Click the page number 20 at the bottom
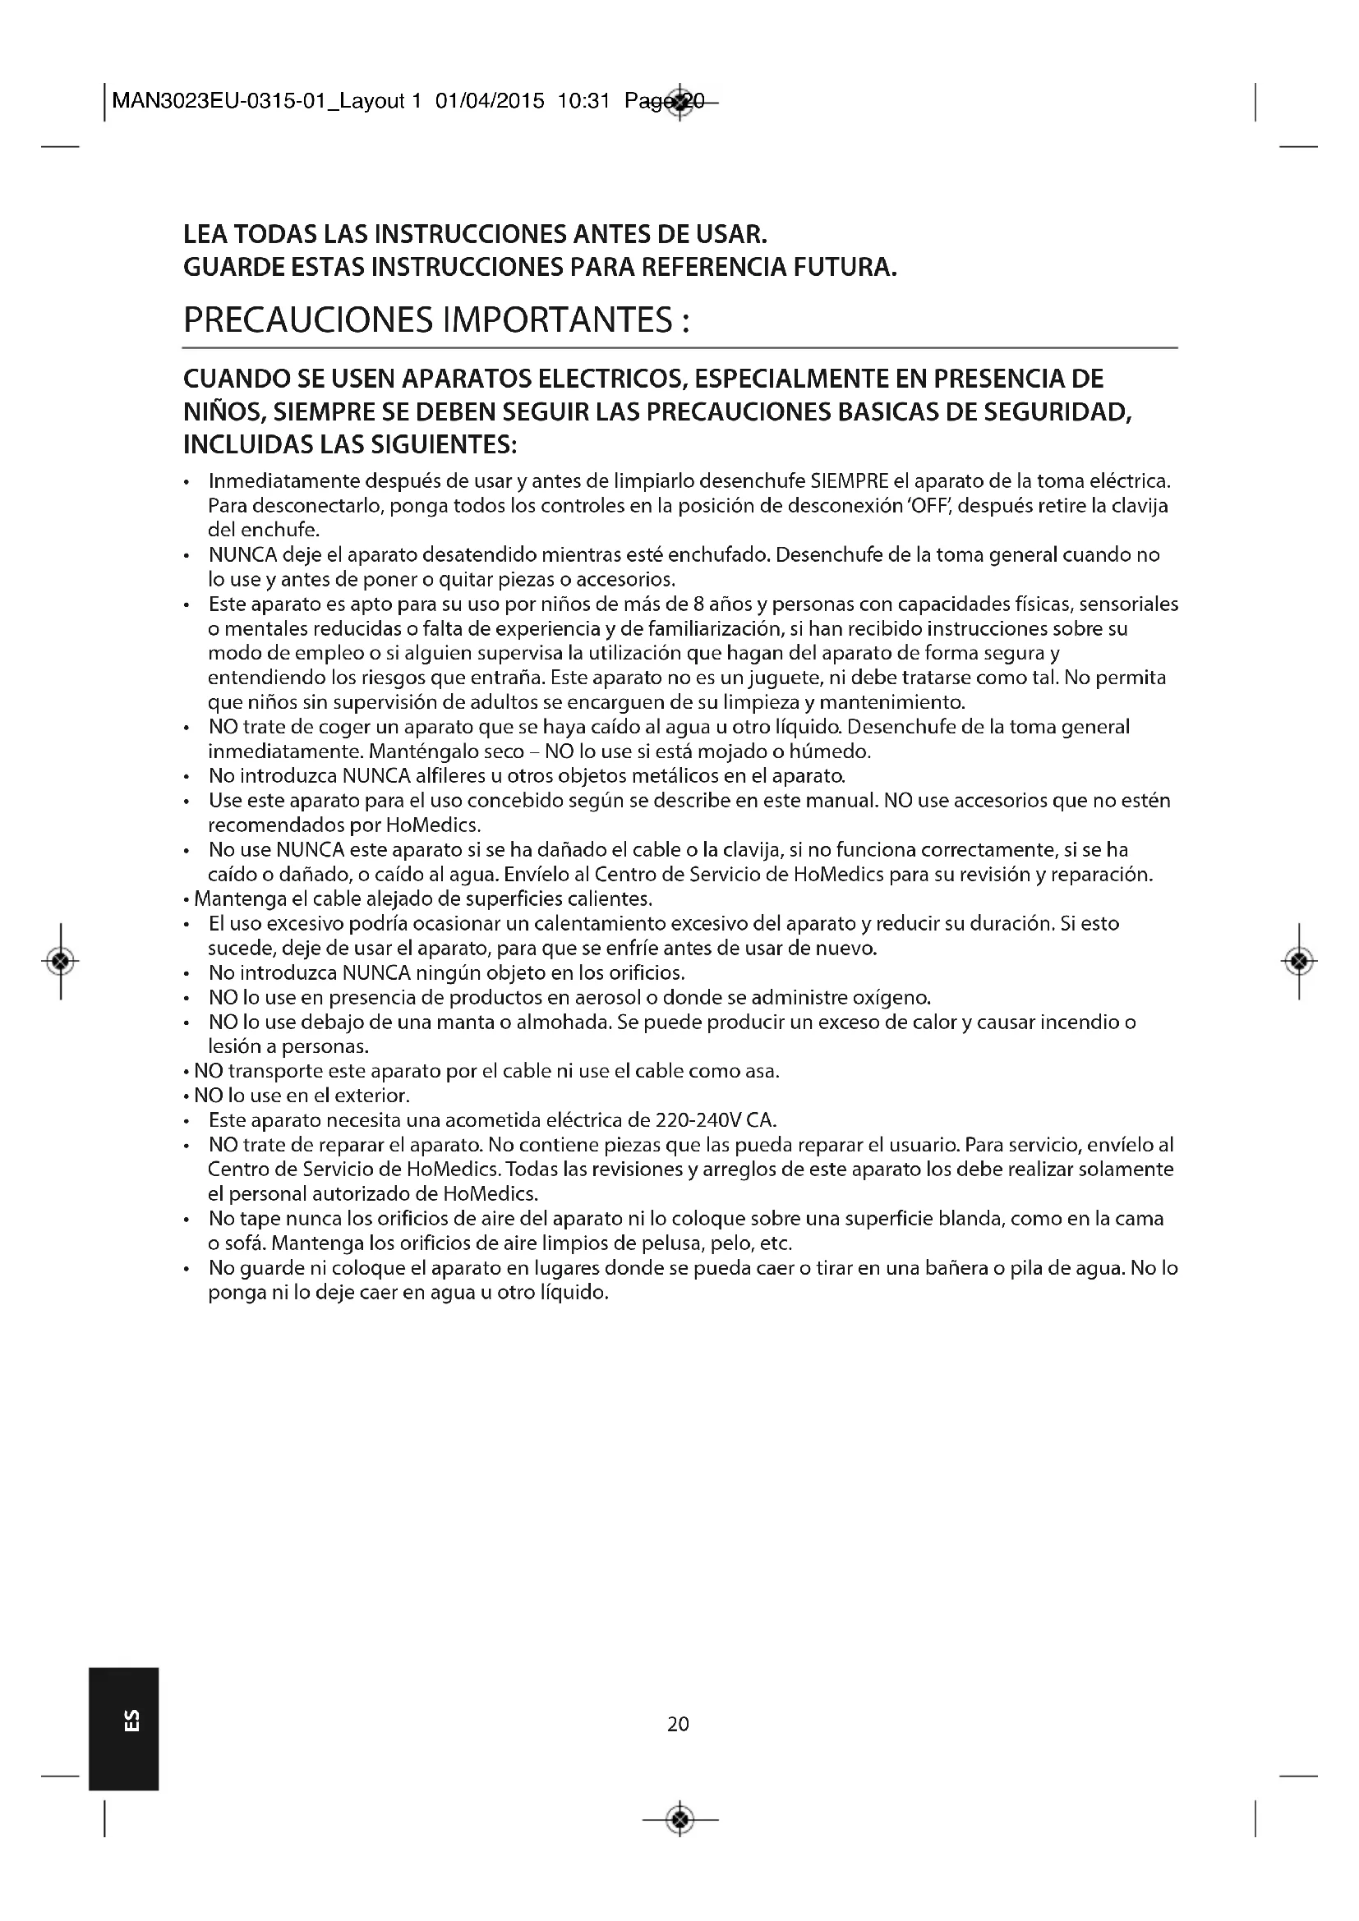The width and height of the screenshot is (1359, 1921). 678,1724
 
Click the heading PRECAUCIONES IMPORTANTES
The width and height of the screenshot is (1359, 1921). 436,319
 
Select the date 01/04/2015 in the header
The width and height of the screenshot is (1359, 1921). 490,101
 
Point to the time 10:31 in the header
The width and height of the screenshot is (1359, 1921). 583,101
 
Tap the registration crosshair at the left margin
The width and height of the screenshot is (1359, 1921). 60,962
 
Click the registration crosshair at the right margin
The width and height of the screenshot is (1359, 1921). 1298,962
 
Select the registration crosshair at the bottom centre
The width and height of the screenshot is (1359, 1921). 680,1818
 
